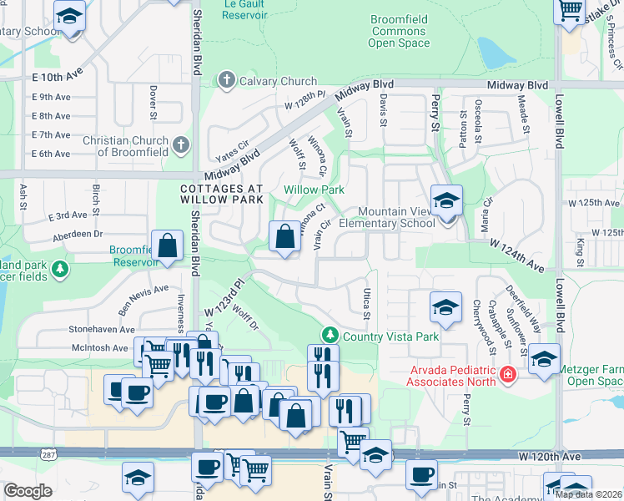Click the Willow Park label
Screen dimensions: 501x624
click(314, 190)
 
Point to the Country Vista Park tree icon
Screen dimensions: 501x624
click(330, 336)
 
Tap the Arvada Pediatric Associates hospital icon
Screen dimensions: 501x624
click(507, 375)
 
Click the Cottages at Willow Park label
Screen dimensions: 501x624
click(222, 195)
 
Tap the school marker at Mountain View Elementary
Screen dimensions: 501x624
click(446, 201)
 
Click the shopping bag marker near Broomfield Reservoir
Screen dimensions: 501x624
click(168, 246)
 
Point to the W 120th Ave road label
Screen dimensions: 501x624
click(548, 457)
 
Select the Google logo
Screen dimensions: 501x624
click(28, 491)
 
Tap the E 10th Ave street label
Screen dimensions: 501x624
click(58, 75)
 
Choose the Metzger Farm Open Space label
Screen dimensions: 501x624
click(590, 375)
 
